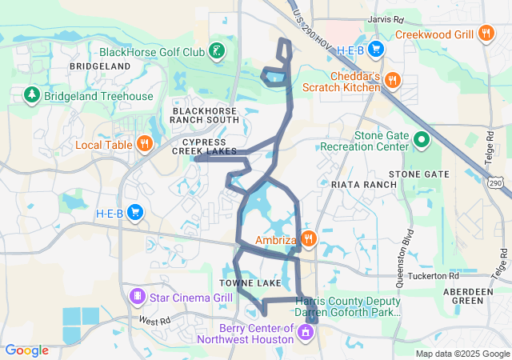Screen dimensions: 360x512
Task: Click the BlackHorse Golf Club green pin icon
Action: click(215, 52)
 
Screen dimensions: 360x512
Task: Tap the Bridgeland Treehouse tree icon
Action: click(32, 96)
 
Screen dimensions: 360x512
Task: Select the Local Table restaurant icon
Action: click(144, 145)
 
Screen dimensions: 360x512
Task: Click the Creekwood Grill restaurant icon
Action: click(486, 34)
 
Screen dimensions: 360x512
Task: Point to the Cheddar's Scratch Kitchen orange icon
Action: click(392, 80)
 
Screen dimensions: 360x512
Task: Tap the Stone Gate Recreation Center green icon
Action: click(422, 142)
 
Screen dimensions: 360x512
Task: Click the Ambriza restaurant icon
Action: click(309, 239)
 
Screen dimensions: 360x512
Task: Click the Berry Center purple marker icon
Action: click(305, 331)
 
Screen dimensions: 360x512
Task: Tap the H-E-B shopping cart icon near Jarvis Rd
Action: click(374, 50)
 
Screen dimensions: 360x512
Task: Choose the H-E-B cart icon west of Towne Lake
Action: click(135, 213)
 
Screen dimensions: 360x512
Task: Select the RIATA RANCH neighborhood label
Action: click(363, 185)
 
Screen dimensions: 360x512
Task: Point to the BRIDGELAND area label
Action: click(100, 65)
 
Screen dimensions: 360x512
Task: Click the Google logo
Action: click(27, 350)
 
